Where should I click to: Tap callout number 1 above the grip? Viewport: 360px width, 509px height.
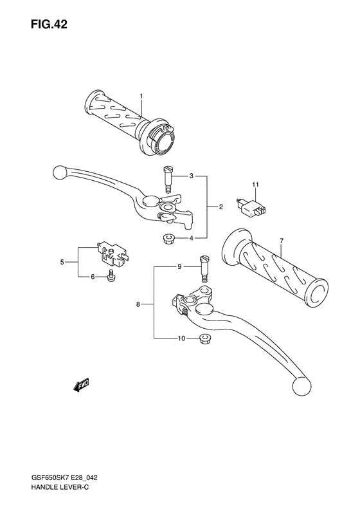(141, 97)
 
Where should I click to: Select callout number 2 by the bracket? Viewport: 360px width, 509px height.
(221, 207)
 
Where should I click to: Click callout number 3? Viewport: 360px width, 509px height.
(192, 176)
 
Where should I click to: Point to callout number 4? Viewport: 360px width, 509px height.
(192, 238)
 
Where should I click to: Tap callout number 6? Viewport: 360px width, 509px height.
(93, 277)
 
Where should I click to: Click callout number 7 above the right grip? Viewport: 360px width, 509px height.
(281, 241)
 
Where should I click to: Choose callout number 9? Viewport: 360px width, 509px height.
(181, 266)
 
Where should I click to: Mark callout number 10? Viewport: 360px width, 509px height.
(182, 338)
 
